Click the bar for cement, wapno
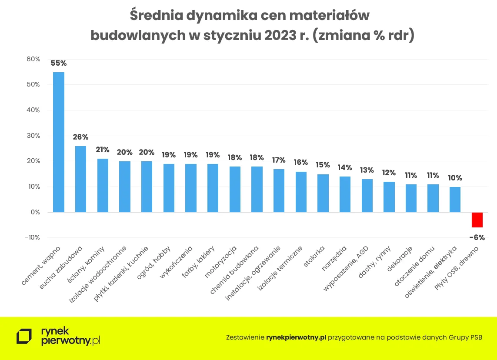click(x=59, y=142)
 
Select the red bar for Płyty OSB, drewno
click(x=477, y=220)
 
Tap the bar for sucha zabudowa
click(x=80, y=179)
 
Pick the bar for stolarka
click(x=323, y=193)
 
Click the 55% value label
click(x=59, y=63)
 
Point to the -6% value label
click(x=477, y=237)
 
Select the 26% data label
click(x=80, y=137)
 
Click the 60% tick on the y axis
click(x=33, y=59)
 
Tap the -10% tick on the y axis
click(x=33, y=237)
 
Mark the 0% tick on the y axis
click(x=35, y=212)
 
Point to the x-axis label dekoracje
click(x=400, y=260)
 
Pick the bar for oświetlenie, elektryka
click(x=455, y=200)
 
